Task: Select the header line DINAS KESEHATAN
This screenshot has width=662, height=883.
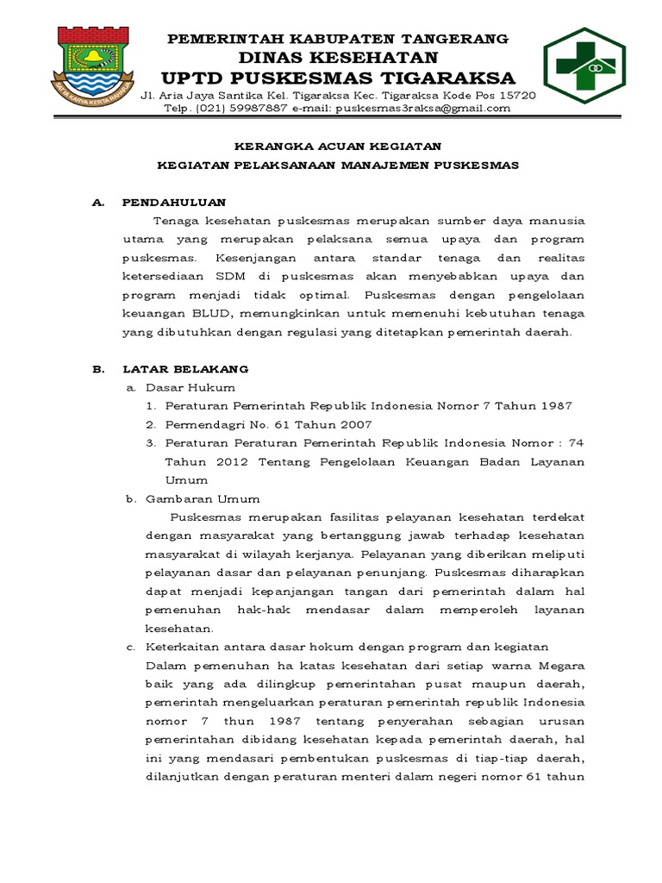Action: [338, 57]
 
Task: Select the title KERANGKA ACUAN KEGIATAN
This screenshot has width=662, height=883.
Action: [338, 147]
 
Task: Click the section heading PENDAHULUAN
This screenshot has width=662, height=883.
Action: [174, 203]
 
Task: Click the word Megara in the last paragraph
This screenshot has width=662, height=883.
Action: [562, 665]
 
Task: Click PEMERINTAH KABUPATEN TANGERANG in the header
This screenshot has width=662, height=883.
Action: [338, 39]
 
